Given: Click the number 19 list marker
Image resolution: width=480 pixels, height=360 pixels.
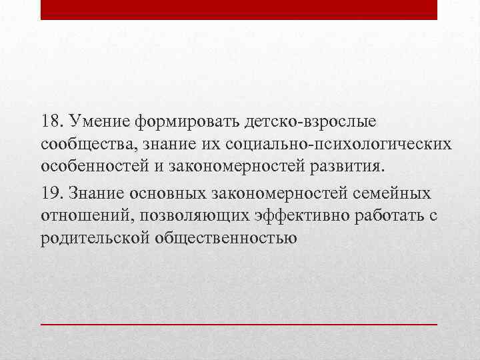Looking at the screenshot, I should (50, 193).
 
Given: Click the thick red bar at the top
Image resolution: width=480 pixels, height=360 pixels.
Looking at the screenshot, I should (239, 10).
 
